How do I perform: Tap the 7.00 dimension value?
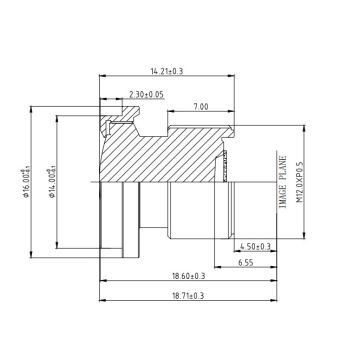pos(201,106)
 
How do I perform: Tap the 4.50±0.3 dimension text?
pos(256,244)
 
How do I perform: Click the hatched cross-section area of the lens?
pos(170,150)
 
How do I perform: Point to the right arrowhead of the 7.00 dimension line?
pos(235,112)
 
